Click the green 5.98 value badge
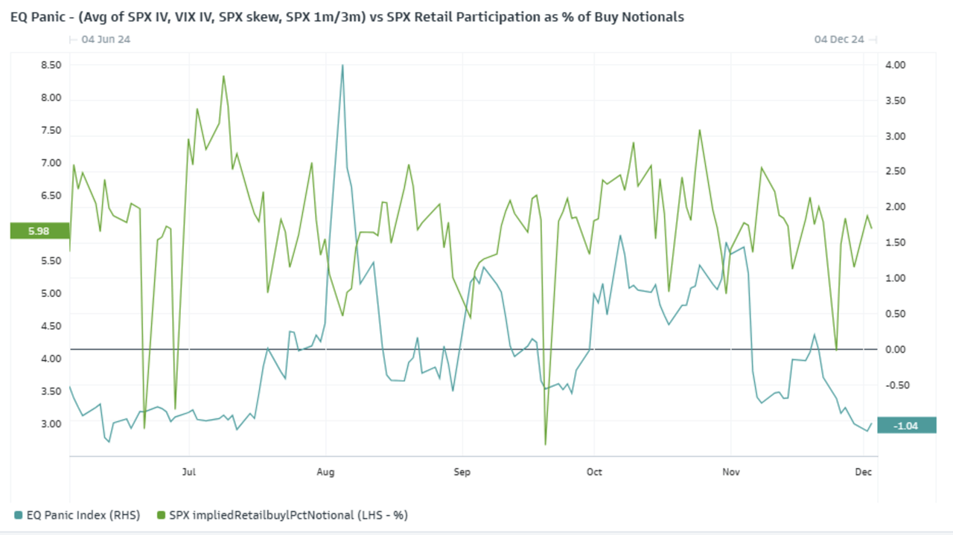click(x=39, y=231)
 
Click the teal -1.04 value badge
click(x=906, y=425)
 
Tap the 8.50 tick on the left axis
click(x=51, y=65)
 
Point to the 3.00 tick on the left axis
click(x=51, y=423)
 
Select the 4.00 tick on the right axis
click(x=895, y=65)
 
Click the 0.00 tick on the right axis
click(x=895, y=350)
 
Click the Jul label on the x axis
click(x=189, y=472)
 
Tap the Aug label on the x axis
click(x=325, y=472)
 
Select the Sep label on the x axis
click(x=462, y=472)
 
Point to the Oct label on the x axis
click(x=594, y=472)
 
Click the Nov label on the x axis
click(x=730, y=472)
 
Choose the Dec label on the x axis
click(x=863, y=472)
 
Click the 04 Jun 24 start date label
click(x=106, y=39)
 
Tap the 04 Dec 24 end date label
click(x=838, y=39)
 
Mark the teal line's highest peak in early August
click(x=342, y=65)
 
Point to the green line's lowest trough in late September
click(x=546, y=444)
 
